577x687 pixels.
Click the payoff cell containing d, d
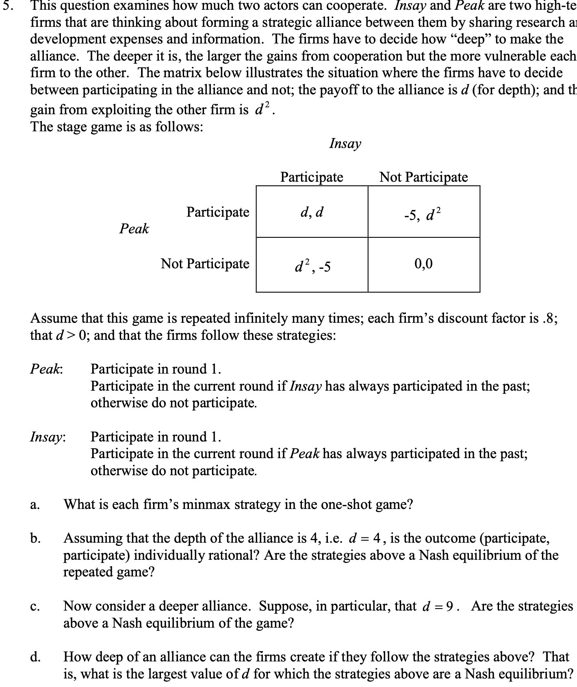click(312, 212)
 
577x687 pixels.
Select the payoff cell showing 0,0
click(423, 264)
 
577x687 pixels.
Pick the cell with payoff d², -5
click(312, 266)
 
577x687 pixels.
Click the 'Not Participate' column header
click(423, 177)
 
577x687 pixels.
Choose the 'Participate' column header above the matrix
click(312, 177)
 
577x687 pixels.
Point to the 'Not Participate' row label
click(205, 263)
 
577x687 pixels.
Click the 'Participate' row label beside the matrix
click(218, 212)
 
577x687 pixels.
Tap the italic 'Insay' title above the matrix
click(345, 143)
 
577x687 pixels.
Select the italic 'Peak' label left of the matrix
click(134, 228)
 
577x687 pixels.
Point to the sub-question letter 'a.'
click(35, 505)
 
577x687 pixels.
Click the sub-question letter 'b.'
click(35, 539)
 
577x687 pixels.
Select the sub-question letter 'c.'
click(35, 607)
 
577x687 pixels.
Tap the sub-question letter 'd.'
click(35, 657)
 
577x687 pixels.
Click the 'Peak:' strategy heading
click(47, 369)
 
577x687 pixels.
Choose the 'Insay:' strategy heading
click(48, 437)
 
